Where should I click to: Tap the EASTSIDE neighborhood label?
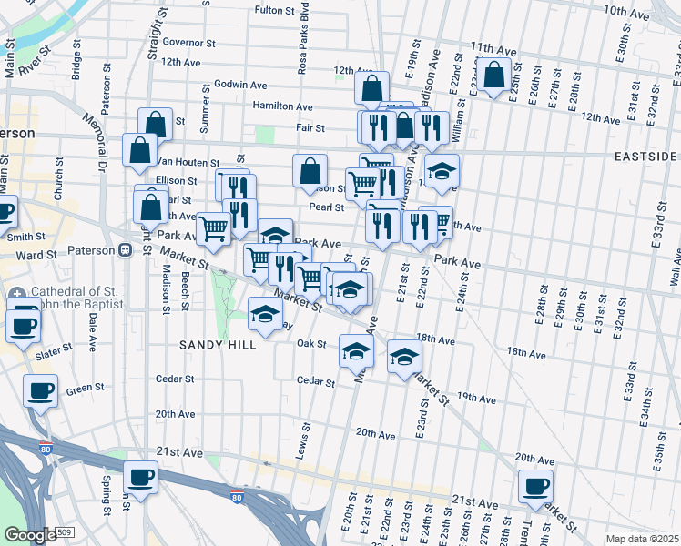[x=645, y=157]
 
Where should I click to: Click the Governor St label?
[x=188, y=42]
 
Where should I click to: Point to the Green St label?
[x=85, y=389]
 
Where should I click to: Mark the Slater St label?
[x=54, y=351]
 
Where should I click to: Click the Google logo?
[x=30, y=535]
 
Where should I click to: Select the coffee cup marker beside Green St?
[x=40, y=392]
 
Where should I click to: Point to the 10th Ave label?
[x=625, y=11]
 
